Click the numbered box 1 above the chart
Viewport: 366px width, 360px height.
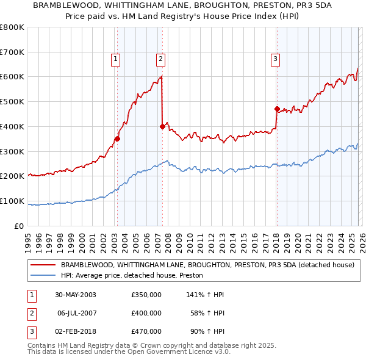click(x=116, y=59)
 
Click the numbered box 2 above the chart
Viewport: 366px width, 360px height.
click(x=160, y=59)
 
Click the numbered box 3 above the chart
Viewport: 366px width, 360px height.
click(x=275, y=59)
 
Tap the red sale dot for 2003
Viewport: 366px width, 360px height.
click(x=117, y=139)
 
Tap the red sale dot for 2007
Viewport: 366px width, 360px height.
click(x=162, y=126)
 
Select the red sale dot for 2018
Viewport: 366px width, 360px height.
click(x=276, y=109)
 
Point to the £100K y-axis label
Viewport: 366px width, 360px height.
click(x=12, y=201)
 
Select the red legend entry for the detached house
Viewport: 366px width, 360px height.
click(x=207, y=265)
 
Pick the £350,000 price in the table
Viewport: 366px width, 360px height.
click(x=146, y=295)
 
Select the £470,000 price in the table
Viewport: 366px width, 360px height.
click(x=146, y=331)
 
